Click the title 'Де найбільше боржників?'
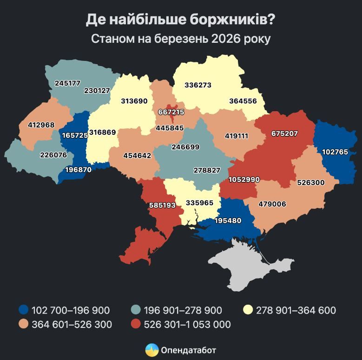pyautogui.click(x=180, y=20)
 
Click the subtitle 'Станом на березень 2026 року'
pyautogui.click(x=180, y=39)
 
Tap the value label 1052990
pyautogui.click(x=244, y=180)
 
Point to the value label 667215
pyautogui.click(x=171, y=112)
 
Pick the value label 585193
pyautogui.click(x=162, y=205)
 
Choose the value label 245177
pyautogui.click(x=67, y=83)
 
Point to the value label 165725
pyautogui.click(x=74, y=135)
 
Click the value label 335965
pyautogui.click(x=199, y=203)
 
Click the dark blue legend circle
pyautogui.click(x=23, y=310)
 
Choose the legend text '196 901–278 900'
pyautogui.click(x=183, y=310)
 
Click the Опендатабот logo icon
pyautogui.click(x=151, y=350)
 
